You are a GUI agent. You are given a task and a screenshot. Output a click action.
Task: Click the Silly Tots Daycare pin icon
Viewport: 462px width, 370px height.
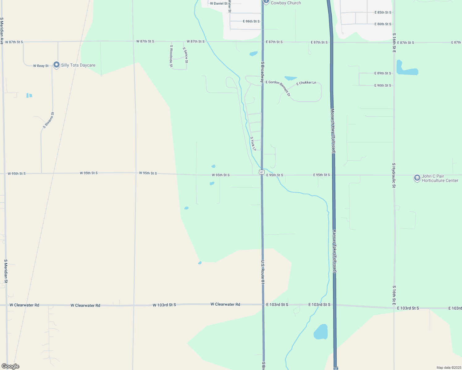(x=56, y=65)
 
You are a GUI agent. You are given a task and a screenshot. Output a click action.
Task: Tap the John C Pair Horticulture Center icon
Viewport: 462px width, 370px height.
(x=417, y=178)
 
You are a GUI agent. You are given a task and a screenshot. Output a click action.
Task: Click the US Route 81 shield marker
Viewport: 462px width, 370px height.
(x=262, y=172)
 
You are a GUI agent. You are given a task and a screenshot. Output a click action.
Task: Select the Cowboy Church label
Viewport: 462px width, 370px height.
(x=286, y=3)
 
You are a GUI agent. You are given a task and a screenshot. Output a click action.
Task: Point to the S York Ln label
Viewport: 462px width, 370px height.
(x=253, y=144)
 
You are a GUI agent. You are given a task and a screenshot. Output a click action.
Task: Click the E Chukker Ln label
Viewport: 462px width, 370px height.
(x=306, y=83)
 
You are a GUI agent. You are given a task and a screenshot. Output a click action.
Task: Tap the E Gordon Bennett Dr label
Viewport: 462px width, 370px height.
(x=278, y=88)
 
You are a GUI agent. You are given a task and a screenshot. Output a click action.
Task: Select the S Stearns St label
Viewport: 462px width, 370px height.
(x=48, y=120)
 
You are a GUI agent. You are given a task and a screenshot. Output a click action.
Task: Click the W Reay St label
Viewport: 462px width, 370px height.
(x=41, y=66)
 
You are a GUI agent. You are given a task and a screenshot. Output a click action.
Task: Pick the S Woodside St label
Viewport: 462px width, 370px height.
(x=171, y=56)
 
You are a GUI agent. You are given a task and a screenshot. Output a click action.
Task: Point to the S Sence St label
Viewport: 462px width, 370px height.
(x=185, y=55)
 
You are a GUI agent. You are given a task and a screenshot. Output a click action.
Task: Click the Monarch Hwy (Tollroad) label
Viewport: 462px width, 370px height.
(x=333, y=131)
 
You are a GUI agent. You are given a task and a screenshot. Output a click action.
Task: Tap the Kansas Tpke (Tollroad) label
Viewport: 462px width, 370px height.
(x=334, y=251)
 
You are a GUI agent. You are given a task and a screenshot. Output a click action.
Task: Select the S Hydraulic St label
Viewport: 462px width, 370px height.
(x=394, y=175)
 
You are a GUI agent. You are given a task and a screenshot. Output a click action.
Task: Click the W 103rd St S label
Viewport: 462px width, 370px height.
(x=164, y=305)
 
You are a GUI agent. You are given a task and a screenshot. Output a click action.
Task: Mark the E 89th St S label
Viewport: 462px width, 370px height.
(x=383, y=73)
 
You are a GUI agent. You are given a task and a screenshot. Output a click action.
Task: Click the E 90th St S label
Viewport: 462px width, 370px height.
(x=383, y=85)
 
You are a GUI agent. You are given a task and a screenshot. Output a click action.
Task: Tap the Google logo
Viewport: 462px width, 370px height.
(x=10, y=366)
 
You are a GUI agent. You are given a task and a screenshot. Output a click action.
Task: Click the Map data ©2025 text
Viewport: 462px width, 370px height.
(x=448, y=368)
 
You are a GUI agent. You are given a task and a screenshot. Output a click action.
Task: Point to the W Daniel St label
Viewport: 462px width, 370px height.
(x=219, y=3)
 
